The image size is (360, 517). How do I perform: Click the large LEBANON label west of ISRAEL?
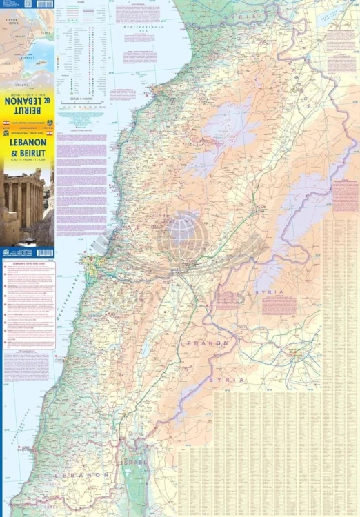(72, 476)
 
